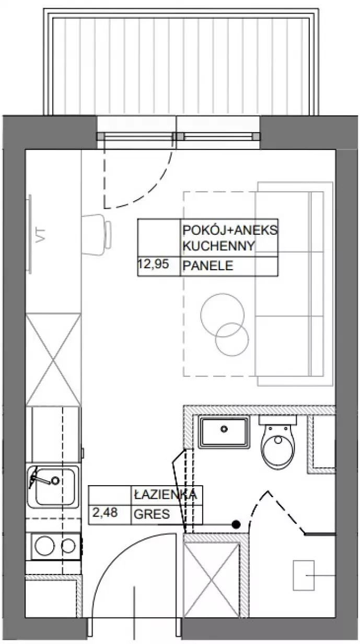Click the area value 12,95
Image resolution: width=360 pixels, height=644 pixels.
(154, 264)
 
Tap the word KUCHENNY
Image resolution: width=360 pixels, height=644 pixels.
(219, 246)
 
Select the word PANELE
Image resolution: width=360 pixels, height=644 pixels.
(208, 266)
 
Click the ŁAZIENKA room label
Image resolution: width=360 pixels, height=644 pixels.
(166, 494)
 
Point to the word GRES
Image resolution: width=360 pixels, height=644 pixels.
(152, 514)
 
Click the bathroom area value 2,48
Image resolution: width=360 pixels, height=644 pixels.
(105, 513)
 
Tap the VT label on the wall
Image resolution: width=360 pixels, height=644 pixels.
(41, 235)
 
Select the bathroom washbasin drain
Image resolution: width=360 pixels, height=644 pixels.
(224, 429)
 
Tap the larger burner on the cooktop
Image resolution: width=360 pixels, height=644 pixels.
(44, 545)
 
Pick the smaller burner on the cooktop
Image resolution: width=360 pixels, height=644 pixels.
(68, 545)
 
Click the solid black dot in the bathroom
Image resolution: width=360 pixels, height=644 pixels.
(236, 525)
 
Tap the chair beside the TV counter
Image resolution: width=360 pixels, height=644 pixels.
(97, 234)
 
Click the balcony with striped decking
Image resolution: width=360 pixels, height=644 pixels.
(181, 62)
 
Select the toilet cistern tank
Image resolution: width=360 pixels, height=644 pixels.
(277, 419)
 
